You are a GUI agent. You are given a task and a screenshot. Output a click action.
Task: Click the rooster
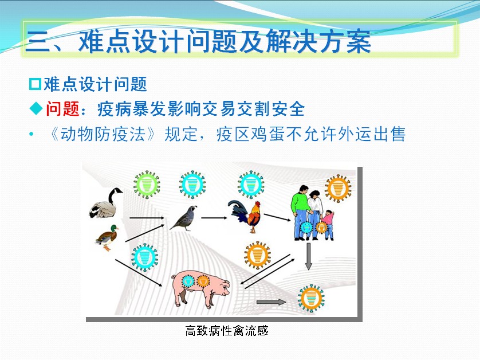(245, 216)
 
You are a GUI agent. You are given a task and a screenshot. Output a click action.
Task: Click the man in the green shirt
(301, 212)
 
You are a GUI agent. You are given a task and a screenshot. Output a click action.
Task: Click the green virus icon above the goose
(147, 185)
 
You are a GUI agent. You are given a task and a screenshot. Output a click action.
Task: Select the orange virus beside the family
(338, 188)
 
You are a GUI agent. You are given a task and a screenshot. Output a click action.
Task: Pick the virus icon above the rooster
(251, 185)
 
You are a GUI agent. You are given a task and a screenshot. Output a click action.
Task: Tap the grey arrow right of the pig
(271, 302)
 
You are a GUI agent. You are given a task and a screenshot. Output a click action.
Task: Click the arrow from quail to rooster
(214, 218)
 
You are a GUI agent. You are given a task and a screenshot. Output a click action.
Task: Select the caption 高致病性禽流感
(227, 331)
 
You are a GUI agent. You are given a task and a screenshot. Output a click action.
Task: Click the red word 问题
(63, 109)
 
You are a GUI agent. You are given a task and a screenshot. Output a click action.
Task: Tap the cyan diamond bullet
(36, 109)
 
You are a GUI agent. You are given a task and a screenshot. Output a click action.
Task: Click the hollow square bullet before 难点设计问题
(35, 84)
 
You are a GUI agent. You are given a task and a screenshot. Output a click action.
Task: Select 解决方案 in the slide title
(318, 41)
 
